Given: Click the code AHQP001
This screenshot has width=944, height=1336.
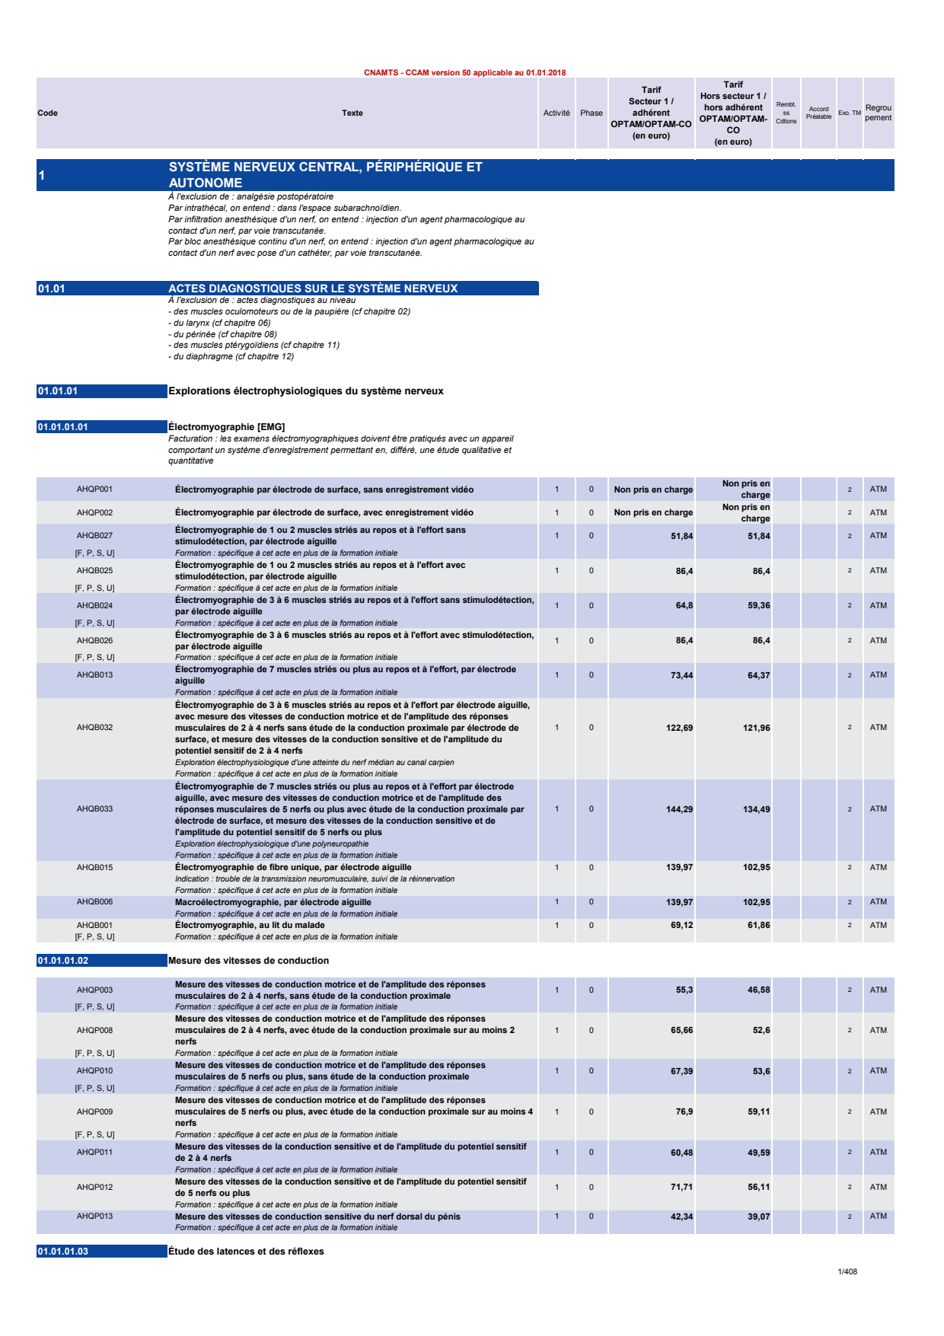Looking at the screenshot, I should point(94,489).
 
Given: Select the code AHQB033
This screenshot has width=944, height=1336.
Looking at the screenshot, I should point(94,809).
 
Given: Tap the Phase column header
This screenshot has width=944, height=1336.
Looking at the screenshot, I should point(591,113).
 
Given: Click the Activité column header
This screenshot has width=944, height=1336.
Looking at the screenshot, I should point(557,113).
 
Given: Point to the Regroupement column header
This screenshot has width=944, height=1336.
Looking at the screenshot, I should point(878,113).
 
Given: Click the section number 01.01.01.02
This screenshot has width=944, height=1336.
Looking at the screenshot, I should point(63,961).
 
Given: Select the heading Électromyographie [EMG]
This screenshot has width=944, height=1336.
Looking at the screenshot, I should point(226,427).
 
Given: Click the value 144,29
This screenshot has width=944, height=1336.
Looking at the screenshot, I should point(679,809).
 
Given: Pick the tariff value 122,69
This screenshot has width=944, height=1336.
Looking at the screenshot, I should point(679,728).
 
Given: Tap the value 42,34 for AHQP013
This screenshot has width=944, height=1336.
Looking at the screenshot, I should point(681,1216).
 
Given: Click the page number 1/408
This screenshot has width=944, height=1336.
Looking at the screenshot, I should point(847,1271).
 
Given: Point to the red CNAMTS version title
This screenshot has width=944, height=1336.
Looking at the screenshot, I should point(464,73).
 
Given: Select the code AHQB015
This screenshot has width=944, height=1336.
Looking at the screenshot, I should point(94,868).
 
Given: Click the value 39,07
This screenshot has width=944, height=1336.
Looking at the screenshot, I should point(758,1216).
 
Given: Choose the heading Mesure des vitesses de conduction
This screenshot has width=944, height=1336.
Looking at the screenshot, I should point(248,961).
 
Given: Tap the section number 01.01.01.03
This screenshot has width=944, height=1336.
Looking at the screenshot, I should point(63,1252).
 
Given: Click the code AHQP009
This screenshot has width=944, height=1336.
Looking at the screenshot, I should point(94,1112).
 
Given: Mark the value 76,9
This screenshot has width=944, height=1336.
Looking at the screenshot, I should point(684,1112).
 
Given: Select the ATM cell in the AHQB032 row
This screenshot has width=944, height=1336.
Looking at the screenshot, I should point(878,728).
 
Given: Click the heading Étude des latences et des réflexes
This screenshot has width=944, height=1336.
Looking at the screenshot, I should point(246,1252).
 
